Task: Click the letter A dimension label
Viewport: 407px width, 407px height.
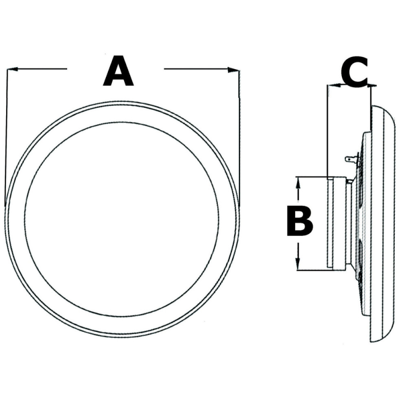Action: [118, 72]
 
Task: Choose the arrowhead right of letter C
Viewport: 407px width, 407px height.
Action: [371, 85]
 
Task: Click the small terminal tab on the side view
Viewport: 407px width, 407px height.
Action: [351, 159]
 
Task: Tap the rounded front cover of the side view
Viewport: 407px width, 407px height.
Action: [385, 224]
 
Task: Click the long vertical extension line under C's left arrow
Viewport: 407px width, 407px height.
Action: [328, 130]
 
